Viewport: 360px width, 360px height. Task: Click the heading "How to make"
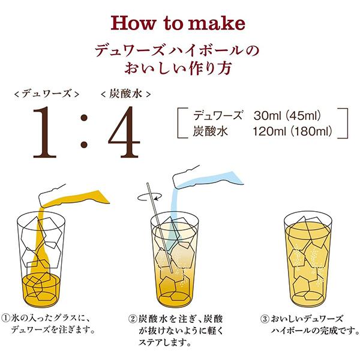pyautogui.click(x=179, y=23)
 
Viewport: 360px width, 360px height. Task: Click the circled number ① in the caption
pyautogui.click(x=7, y=319)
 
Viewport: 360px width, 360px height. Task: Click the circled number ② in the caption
pyautogui.click(x=133, y=319)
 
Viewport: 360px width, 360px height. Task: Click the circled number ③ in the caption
pyautogui.click(x=265, y=319)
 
